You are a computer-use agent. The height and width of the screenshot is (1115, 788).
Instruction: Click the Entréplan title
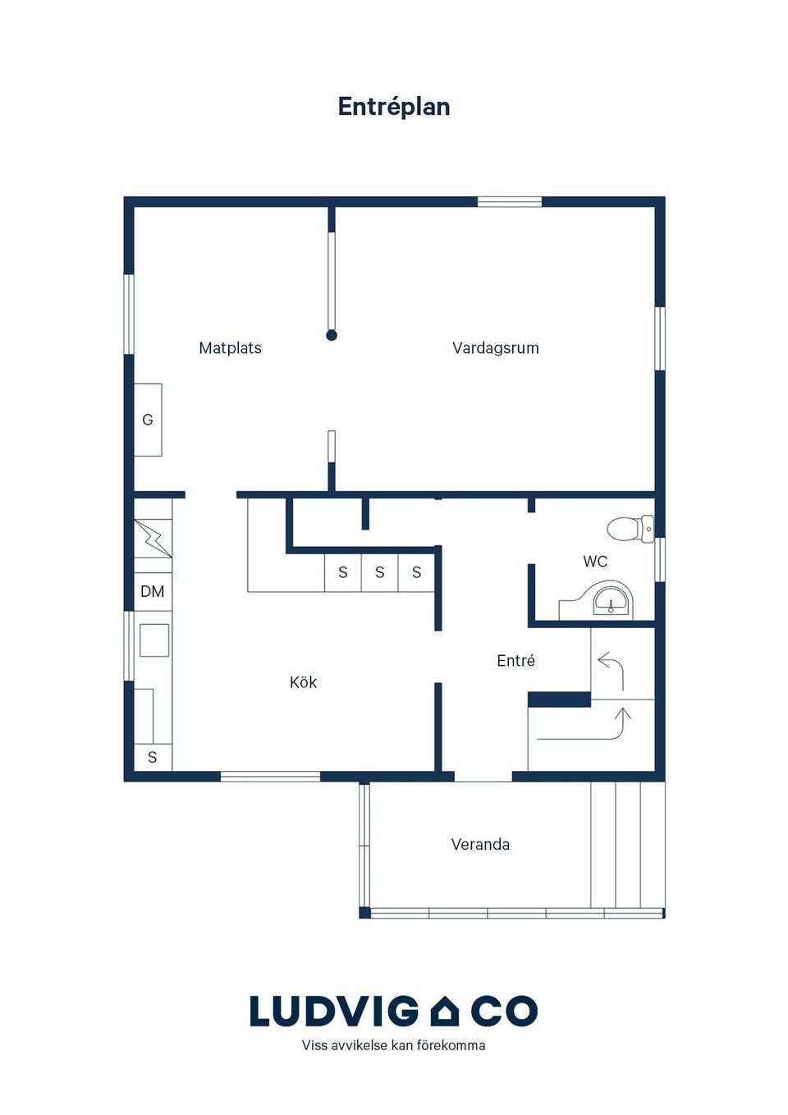click(393, 107)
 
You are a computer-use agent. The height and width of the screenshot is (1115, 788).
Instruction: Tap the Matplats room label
click(230, 347)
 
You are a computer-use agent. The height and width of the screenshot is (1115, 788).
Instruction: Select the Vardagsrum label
click(496, 347)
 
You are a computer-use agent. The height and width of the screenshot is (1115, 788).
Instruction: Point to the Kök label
click(303, 682)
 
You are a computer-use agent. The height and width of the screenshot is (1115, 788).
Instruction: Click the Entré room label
click(515, 660)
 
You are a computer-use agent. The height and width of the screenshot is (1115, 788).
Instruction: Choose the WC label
click(595, 562)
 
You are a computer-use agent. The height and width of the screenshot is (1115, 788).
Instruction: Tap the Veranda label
click(480, 844)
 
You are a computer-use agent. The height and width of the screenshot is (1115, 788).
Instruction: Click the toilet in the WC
click(630, 529)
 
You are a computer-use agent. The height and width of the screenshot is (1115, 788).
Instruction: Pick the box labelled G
click(148, 420)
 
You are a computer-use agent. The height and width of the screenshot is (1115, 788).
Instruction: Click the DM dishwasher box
click(153, 591)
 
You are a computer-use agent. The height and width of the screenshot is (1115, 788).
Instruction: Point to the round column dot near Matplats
click(332, 336)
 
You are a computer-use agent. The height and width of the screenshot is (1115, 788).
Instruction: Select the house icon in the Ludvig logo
click(444, 1012)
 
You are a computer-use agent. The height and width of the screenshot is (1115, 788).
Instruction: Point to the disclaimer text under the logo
click(393, 1045)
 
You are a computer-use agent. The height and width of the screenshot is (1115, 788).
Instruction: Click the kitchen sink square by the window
click(153, 640)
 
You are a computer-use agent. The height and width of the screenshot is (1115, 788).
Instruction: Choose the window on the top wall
click(510, 202)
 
